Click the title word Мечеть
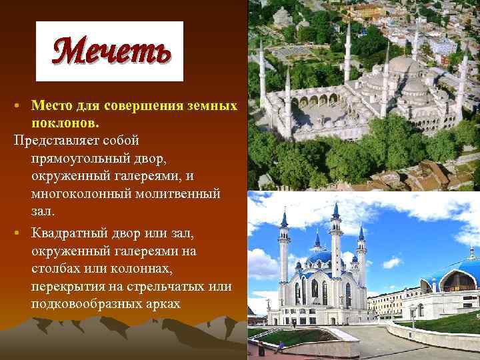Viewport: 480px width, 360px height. [x=109, y=51]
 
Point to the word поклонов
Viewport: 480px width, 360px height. [x=64, y=123]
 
